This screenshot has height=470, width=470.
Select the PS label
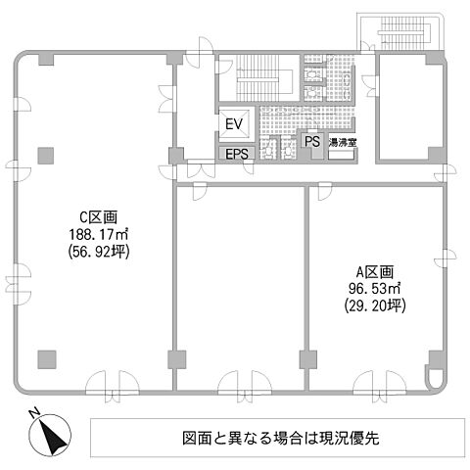pos(312,142)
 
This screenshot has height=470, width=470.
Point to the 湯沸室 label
pos(342,143)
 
